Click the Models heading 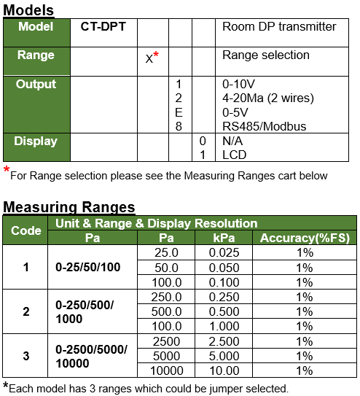pos(29,9)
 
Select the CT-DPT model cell pos(103,26)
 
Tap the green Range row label pos(36,55)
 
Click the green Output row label pos(36,84)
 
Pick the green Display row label pos(36,140)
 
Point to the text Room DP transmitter pos(279,26)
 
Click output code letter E pos(179,112)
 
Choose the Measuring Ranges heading pos(69,207)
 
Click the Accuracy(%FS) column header pos(305,238)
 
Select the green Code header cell pos(26,230)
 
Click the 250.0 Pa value pos(166,297)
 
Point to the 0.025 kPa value pos(223,252)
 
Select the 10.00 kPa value pos(223,370)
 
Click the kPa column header pos(223,238)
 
